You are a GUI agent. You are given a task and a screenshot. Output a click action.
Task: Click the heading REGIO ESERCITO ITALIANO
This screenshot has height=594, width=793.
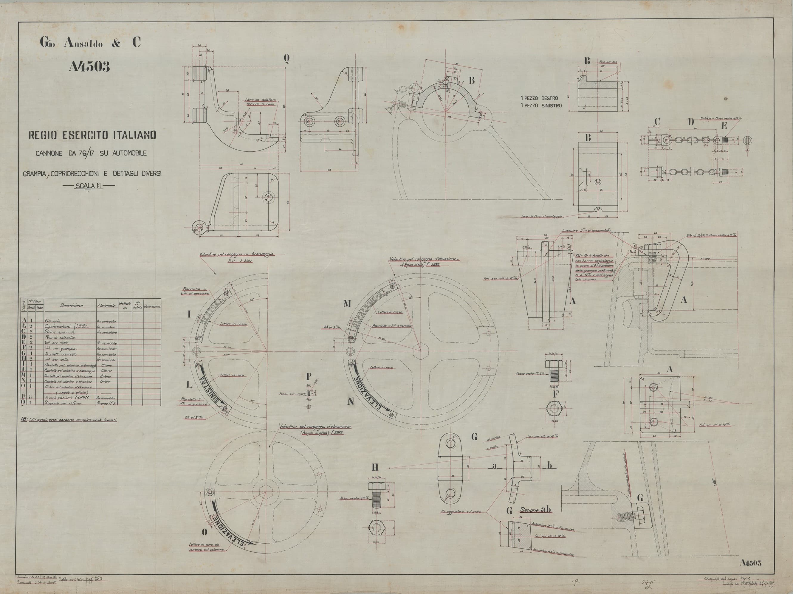click(92, 135)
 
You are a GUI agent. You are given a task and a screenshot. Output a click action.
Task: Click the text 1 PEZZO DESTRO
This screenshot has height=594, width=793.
click(539, 97)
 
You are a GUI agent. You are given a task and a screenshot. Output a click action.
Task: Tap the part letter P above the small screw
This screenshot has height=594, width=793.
click(309, 376)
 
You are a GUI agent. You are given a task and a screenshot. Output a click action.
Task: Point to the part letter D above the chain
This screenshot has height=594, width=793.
click(690, 122)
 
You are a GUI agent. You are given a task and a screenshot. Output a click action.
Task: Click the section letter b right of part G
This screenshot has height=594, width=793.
click(549, 465)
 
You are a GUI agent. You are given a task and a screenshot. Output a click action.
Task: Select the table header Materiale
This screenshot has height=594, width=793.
click(106, 306)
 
